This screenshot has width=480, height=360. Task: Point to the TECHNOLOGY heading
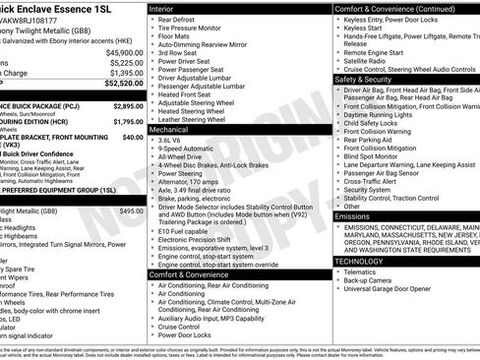(358, 261)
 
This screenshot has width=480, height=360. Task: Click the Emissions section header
(352, 214)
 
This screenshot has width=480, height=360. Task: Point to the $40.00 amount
(133, 138)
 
